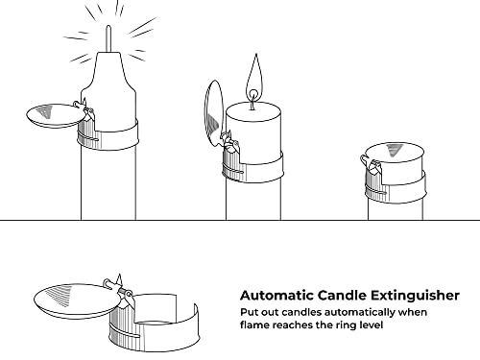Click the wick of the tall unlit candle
point(108,38)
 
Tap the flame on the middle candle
point(254,77)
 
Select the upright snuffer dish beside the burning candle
point(214,113)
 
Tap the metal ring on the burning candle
point(252,167)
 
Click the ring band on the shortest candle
point(396,188)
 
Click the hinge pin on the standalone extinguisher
point(117,287)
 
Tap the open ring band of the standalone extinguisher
point(155,326)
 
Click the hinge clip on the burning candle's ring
point(230,141)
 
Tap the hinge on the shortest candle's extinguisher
point(372,164)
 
